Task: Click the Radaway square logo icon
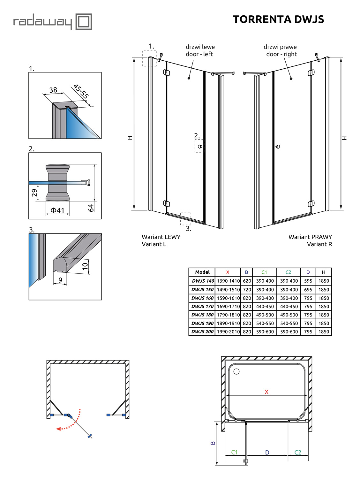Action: pyautogui.click(x=84, y=22)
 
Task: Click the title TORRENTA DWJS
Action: pyautogui.click(x=278, y=19)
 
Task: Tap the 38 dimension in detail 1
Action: pyautogui.click(x=53, y=90)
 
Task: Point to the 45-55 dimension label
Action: pyautogui.click(x=81, y=91)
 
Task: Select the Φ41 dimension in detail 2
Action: pyautogui.click(x=57, y=210)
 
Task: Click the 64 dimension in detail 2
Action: pyautogui.click(x=91, y=208)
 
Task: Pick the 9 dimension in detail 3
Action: pyautogui.click(x=60, y=280)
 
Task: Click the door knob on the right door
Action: pyautogui.click(x=278, y=147)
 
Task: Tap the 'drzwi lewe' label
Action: pyautogui.click(x=200, y=47)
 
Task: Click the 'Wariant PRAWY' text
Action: pyautogui.click(x=310, y=237)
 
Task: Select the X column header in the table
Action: pyautogui.click(x=228, y=272)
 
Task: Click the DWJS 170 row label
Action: pyautogui.click(x=202, y=307)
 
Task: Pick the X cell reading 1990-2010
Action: pyautogui.click(x=228, y=332)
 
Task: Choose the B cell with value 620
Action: pyautogui.click(x=247, y=281)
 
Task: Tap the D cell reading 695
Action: pyautogui.click(x=308, y=290)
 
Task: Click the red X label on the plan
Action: pyautogui.click(x=266, y=392)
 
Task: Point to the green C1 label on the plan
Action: pyautogui.click(x=235, y=452)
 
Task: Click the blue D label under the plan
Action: pyautogui.click(x=267, y=452)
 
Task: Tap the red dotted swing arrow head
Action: pyautogui.click(x=58, y=429)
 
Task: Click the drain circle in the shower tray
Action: pyautogui.click(x=236, y=371)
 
